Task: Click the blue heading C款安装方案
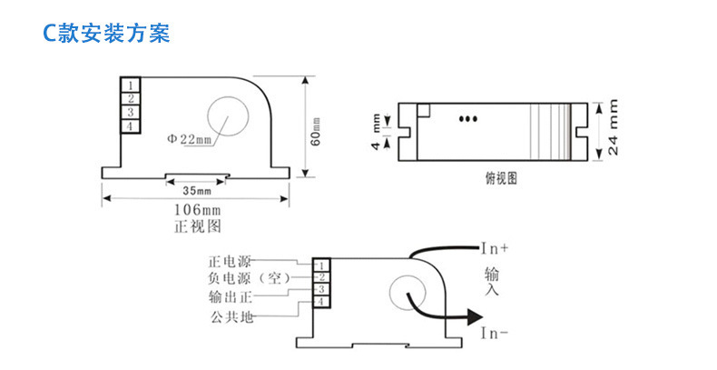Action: point(106,34)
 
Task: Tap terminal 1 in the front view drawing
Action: point(131,85)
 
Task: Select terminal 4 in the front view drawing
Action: point(131,125)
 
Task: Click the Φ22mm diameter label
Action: point(188,139)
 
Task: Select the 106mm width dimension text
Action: point(197,211)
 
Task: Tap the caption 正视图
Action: point(197,226)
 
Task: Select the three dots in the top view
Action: point(469,117)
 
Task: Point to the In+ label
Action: point(495,247)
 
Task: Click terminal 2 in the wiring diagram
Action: point(322,276)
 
